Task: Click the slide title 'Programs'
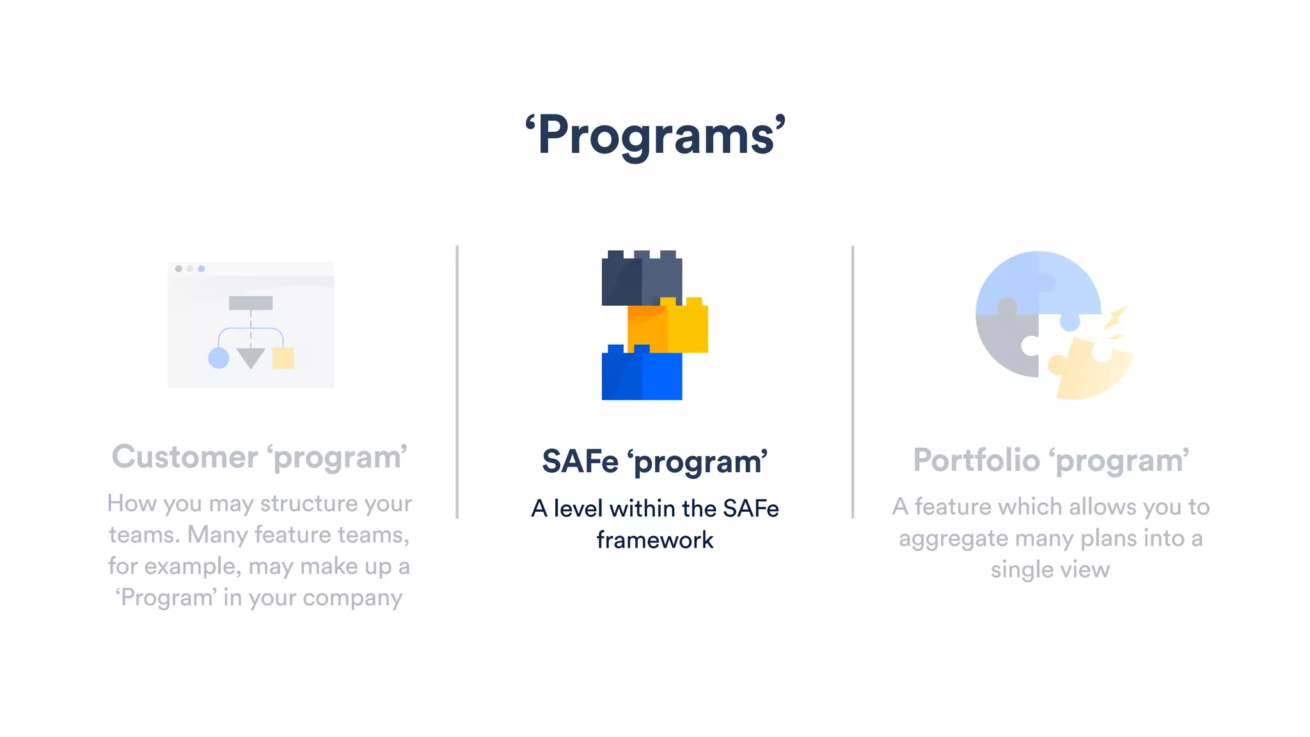(655, 136)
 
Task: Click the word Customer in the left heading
(185, 457)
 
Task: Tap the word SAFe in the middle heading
(580, 461)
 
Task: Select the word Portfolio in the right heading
(976, 460)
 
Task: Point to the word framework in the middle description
(655, 540)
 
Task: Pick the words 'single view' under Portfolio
(1050, 569)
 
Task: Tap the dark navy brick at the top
(642, 279)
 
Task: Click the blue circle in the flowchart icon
(219, 358)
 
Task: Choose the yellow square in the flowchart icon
(283, 358)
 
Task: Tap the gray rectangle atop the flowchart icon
(251, 303)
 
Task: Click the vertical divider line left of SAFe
(457, 381)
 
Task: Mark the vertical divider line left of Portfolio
(853, 381)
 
